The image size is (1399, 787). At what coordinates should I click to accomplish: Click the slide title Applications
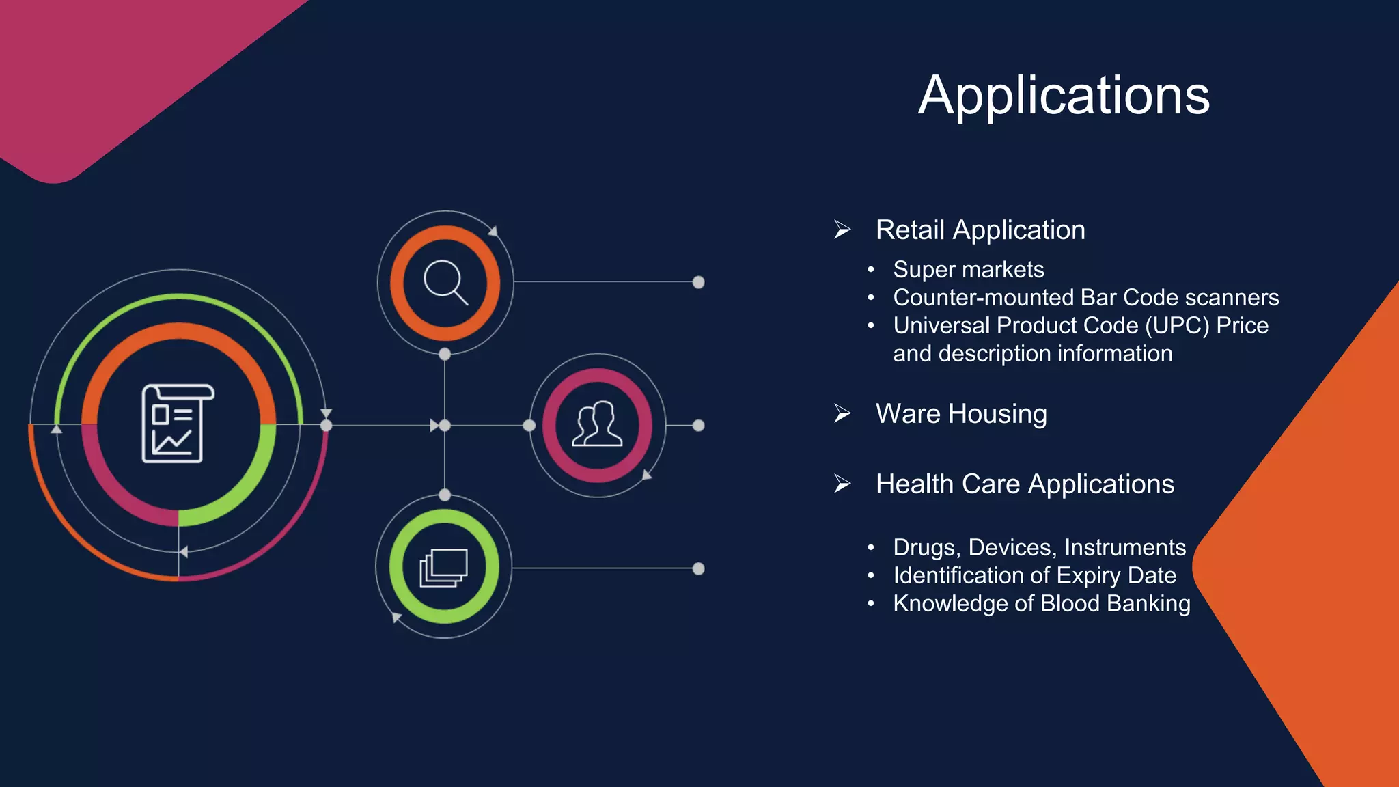pos(1064,96)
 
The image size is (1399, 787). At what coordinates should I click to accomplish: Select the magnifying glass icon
pos(445,282)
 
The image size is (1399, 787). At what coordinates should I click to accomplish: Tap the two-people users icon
pos(597,425)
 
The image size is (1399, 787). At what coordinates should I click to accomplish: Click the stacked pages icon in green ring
pos(444,567)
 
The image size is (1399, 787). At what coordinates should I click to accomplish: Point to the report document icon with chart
pos(177,424)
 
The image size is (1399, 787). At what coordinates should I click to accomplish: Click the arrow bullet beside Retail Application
pos(842,230)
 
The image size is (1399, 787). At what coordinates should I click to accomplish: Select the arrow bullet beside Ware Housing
pos(842,413)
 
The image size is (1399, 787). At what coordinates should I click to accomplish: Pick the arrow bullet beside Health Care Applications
pos(842,484)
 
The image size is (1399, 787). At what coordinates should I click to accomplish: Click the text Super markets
pos(968,270)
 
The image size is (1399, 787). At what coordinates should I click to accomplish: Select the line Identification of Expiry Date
pos(1034,576)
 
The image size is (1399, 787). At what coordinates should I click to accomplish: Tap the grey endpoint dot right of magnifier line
pos(698,282)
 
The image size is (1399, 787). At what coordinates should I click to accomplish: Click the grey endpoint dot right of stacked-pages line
pos(698,568)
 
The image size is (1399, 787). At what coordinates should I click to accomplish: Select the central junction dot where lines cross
pos(445,426)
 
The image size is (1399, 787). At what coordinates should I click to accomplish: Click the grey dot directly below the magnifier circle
pos(445,354)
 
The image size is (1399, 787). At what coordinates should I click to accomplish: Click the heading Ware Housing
pos(961,414)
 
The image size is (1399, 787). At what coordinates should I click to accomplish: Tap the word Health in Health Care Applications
pos(914,484)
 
